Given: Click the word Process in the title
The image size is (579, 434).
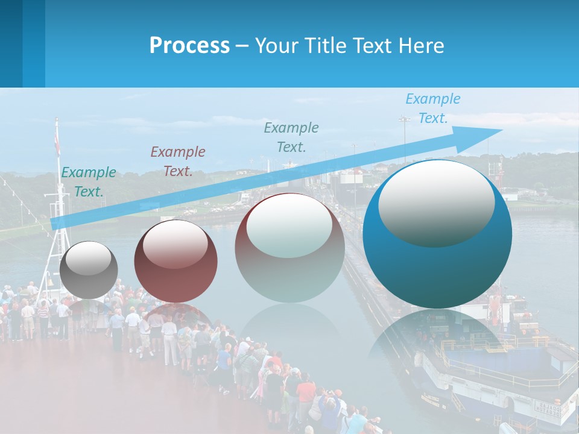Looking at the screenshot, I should [189, 46].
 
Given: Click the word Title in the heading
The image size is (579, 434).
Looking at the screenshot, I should [326, 46].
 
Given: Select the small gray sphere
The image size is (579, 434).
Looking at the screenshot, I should [89, 270].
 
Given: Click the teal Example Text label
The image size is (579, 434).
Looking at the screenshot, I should [89, 182].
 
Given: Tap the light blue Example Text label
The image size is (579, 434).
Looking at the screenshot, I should [433, 108].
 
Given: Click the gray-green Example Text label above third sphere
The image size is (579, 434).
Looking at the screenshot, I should [291, 137].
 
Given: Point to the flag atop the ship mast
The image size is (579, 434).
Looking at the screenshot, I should [57, 145].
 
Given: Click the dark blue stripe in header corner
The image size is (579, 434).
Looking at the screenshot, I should [11, 43].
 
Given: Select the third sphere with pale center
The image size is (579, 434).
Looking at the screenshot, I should [289, 248].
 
